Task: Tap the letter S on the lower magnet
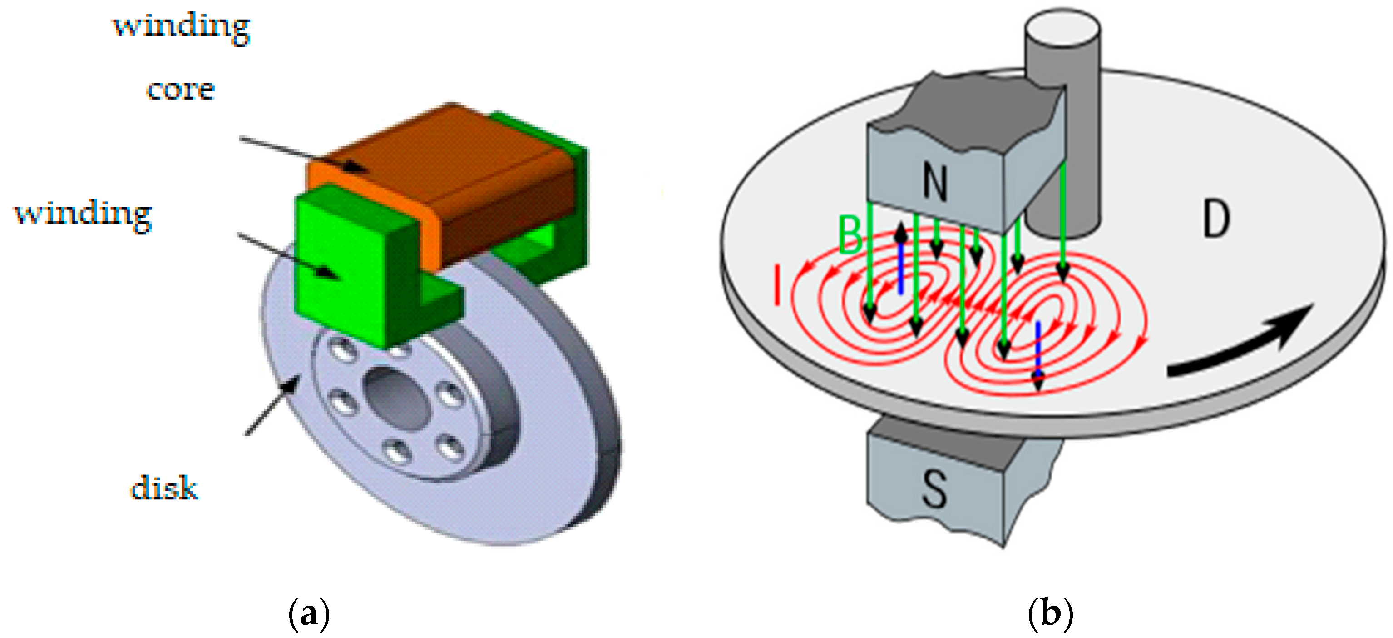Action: pos(934,488)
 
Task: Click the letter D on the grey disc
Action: pos(1217,218)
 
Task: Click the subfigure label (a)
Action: pos(309,613)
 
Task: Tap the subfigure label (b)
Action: pos(1050,613)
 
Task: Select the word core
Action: pos(181,89)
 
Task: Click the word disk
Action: pos(164,488)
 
